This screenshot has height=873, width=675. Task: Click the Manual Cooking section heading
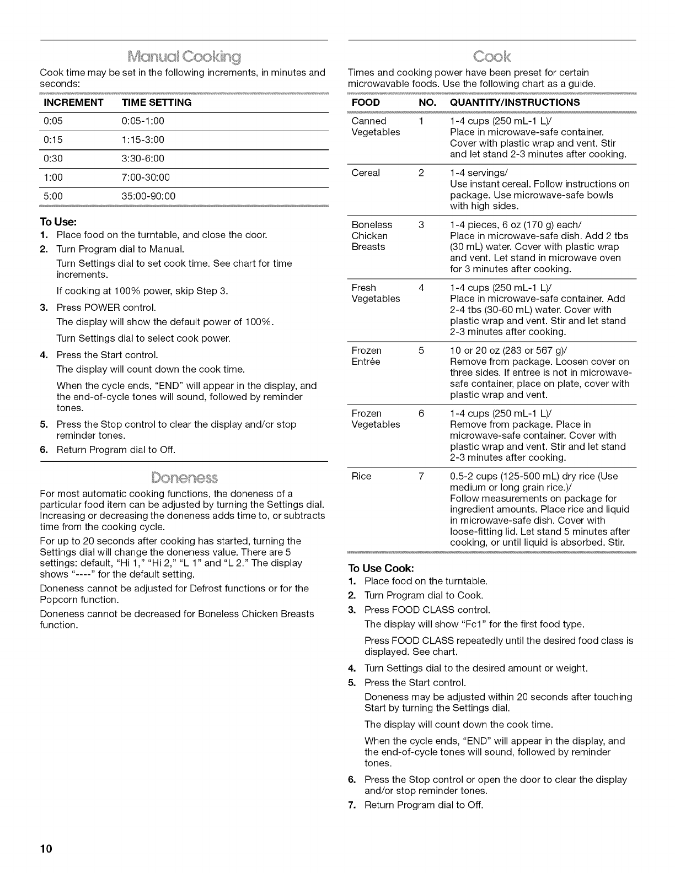[184, 56]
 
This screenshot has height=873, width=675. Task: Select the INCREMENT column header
[73, 103]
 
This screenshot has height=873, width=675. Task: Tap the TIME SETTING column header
[157, 103]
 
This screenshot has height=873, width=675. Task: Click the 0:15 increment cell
[53, 140]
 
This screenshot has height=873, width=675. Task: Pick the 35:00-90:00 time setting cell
[148, 196]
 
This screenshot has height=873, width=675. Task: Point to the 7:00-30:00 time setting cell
[146, 177]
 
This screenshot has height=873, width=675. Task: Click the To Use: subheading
[58, 222]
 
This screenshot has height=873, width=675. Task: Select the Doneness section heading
[184, 477]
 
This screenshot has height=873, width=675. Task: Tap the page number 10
[45, 849]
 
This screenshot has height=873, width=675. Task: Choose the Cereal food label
[366, 173]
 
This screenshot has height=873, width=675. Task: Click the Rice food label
[361, 476]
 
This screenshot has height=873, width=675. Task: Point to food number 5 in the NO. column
[421, 351]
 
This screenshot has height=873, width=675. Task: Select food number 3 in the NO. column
[421, 225]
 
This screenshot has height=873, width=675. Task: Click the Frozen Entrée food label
[366, 356]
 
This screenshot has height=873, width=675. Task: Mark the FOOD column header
[365, 103]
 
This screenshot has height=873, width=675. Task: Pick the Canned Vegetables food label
[376, 127]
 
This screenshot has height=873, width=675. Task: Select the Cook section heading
[492, 56]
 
